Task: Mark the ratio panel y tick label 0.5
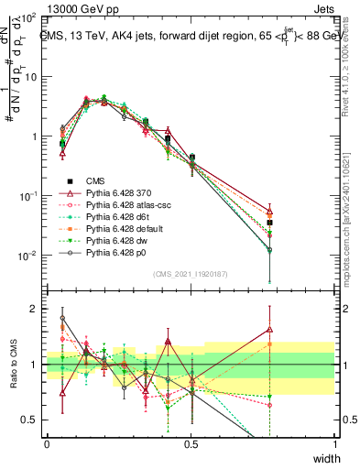(x=32, y=420)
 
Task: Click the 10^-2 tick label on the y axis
(x=29, y=255)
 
